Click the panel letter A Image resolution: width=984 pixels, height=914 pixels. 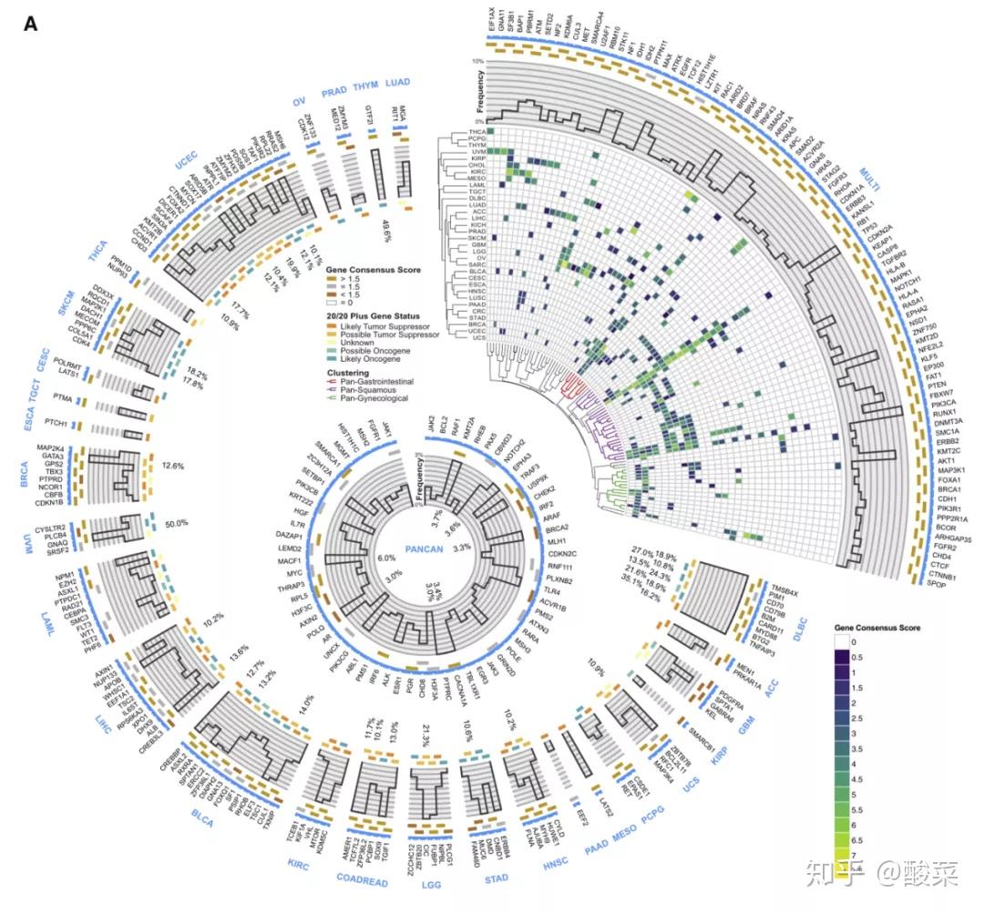[30, 25]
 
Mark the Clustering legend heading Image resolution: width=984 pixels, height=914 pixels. [348, 374]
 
